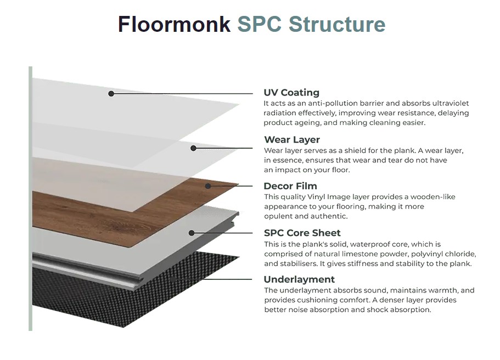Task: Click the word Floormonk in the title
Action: [x=174, y=24]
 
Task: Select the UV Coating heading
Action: [x=291, y=93]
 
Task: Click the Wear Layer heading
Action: [x=292, y=139]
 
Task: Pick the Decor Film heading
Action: [x=290, y=186]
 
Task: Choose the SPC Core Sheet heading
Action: [x=302, y=233]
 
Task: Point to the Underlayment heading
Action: [x=299, y=279]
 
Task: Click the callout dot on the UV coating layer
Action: [x=111, y=94]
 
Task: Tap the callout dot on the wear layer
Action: [x=193, y=148]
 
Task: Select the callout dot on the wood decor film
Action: [x=208, y=186]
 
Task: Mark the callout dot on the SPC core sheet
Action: [x=192, y=233]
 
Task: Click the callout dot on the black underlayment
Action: [x=173, y=280]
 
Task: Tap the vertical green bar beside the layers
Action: [x=30, y=199]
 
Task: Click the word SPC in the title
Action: [x=259, y=24]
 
